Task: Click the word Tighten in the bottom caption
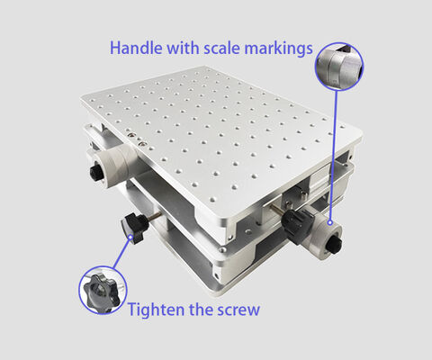(x=156, y=310)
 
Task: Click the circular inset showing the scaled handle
(x=339, y=67)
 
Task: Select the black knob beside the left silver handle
(x=94, y=173)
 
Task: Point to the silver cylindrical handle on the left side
(x=116, y=166)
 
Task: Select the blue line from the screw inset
(x=122, y=256)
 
